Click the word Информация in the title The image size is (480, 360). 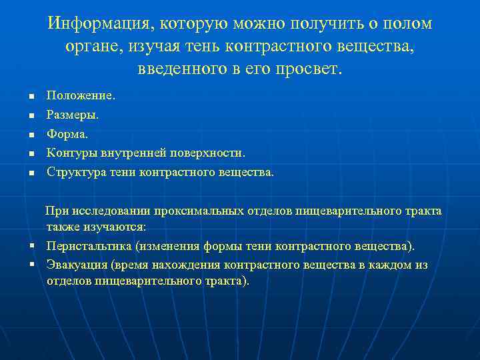point(97,24)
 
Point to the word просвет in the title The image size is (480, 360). point(306,69)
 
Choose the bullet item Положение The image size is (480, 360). point(81,96)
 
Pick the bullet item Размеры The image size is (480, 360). point(72,115)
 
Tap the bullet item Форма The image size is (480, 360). point(67,134)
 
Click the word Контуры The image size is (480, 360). point(72,153)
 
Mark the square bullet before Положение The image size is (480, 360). point(31,97)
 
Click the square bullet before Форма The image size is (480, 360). point(31,135)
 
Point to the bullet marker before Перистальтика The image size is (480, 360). point(31,246)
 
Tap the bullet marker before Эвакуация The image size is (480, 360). point(31,265)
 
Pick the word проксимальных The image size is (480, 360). point(193,211)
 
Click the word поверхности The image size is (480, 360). point(206,153)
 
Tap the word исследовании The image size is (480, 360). point(107,211)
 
